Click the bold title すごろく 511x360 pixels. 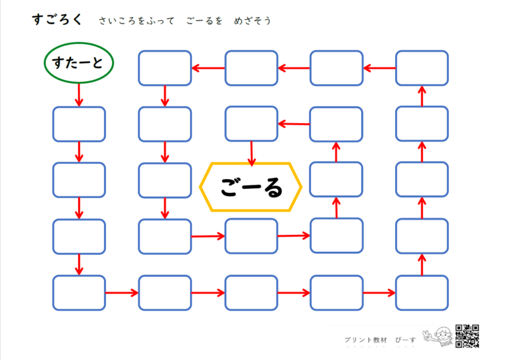pyautogui.click(x=57, y=20)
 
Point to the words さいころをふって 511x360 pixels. pyautogui.click(x=136, y=21)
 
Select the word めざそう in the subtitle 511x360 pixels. pyautogui.click(x=253, y=21)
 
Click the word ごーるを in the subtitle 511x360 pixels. pyautogui.click(x=204, y=21)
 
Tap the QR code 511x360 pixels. pyautogui.click(x=467, y=336)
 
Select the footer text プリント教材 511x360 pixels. pyautogui.click(x=366, y=340)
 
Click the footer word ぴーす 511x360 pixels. pyautogui.click(x=406, y=340)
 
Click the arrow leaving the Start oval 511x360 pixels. pyautogui.click(x=79, y=95)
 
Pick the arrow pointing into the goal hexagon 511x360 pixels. pyautogui.click(x=252, y=153)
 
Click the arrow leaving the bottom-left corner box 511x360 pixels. pyautogui.click(x=122, y=293)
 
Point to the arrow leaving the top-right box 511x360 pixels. pyautogui.click(x=379, y=68)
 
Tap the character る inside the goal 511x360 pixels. pyautogui.click(x=274, y=188)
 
